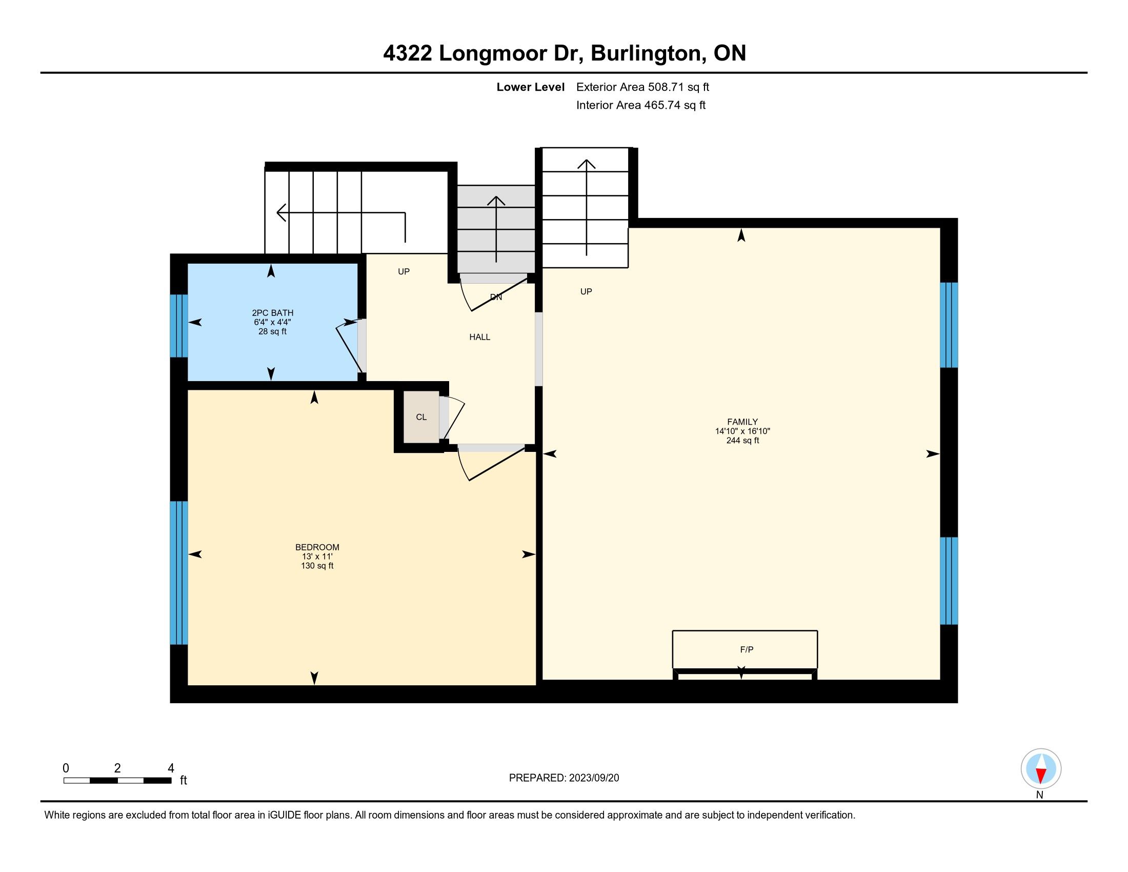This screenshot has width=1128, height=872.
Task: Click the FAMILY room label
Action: (742, 422)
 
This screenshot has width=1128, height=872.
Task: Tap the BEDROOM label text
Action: (317, 547)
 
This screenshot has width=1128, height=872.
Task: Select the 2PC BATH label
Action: (272, 312)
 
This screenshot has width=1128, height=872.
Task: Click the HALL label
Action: (479, 337)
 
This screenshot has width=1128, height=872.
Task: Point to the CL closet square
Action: (421, 417)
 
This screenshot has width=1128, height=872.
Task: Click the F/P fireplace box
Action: (744, 649)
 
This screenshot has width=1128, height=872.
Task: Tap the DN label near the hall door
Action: (496, 297)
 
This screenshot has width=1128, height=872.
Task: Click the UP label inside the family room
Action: (586, 291)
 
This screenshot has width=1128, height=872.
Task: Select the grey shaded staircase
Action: (496, 229)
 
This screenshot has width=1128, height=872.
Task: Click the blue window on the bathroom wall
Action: (179, 325)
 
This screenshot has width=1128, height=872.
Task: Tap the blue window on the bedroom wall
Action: (179, 572)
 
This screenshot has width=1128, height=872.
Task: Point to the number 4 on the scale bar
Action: (171, 768)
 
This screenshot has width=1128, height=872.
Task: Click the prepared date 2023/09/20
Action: (593, 778)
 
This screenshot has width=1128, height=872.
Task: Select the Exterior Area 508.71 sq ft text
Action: (642, 87)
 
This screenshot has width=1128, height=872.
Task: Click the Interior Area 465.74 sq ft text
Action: (640, 105)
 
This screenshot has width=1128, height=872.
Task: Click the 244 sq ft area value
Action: (742, 441)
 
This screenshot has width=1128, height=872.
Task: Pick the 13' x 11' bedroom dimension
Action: (317, 557)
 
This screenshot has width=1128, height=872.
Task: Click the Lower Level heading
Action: (531, 87)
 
